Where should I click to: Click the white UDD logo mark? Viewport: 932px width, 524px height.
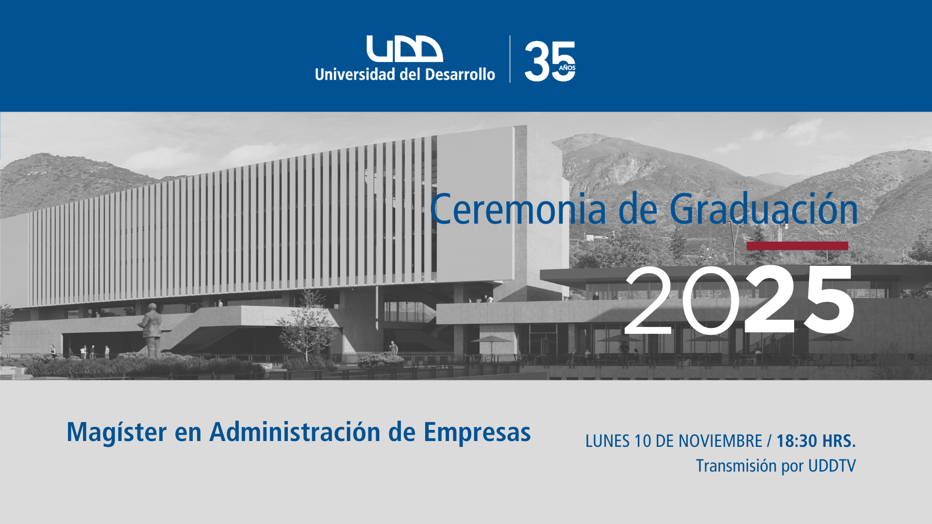pos(404,49)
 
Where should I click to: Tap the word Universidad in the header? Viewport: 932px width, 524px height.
pos(355,74)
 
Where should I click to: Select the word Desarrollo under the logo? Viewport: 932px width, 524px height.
pos(460,74)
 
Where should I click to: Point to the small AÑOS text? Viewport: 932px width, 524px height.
pos(567,67)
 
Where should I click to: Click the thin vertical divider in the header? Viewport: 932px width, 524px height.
pos(510,59)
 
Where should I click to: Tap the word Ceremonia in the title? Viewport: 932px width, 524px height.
pos(518,209)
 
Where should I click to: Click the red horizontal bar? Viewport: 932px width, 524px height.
pos(797,246)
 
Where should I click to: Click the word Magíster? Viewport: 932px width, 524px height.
pos(116,432)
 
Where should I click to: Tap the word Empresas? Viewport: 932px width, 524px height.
pos(477,432)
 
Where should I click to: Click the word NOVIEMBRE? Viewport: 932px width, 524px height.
pos(720,441)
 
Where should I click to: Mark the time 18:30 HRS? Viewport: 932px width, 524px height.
pos(816,441)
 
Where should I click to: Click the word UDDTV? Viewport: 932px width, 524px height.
pos(832,466)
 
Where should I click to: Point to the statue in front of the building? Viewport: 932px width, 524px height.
pos(151,330)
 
